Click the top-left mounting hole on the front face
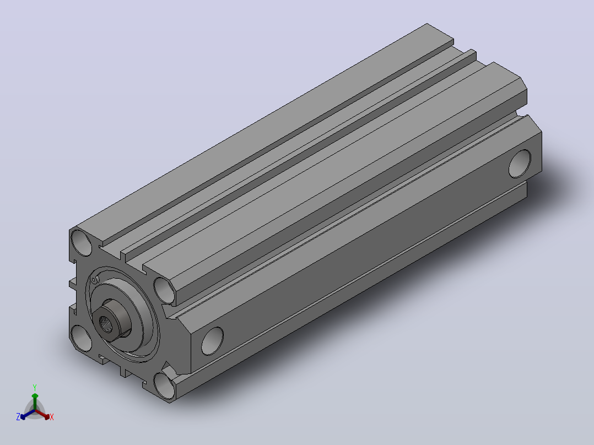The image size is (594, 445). click(x=82, y=242)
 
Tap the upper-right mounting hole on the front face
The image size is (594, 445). click(x=165, y=290)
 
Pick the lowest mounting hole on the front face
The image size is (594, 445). click(x=165, y=386)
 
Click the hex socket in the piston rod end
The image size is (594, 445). click(x=105, y=323)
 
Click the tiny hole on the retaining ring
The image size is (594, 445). click(x=94, y=280)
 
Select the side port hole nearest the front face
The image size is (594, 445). click(x=213, y=341)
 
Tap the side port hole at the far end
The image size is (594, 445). click(x=520, y=164)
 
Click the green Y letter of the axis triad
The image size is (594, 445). click(x=35, y=387)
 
